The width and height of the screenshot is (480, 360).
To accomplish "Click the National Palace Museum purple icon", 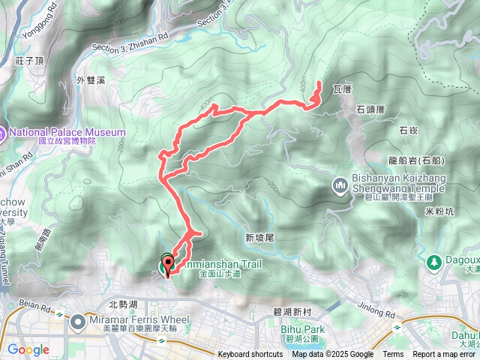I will pos(3,134).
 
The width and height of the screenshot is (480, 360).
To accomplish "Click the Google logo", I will pos(28,349).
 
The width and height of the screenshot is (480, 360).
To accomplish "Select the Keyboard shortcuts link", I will pos(250,355).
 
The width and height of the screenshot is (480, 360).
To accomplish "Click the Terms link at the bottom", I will pos(393,355).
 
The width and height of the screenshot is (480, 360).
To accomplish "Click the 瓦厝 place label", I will pos(341,89).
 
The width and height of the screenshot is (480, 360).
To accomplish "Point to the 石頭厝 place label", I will pos(370,109).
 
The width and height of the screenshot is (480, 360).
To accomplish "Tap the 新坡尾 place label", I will pos(260,237).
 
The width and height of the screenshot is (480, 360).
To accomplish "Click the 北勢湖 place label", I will pos(123,304).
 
